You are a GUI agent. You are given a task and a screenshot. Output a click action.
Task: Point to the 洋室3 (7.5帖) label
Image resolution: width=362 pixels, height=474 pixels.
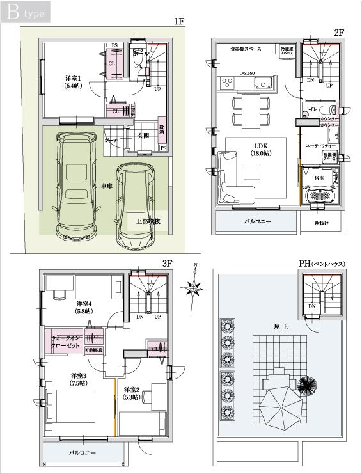pyautogui.click(x=79, y=379)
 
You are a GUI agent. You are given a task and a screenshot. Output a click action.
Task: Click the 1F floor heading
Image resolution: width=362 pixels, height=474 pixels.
pyautogui.click(x=179, y=21)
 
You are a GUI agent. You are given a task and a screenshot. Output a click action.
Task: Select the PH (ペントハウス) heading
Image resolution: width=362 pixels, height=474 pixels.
pyautogui.click(x=321, y=264)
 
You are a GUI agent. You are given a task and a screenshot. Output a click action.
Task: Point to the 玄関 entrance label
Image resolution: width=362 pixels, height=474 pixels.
pyautogui.click(x=143, y=136)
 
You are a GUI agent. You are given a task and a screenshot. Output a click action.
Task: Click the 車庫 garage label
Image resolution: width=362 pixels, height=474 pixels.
pyautogui.click(x=107, y=186)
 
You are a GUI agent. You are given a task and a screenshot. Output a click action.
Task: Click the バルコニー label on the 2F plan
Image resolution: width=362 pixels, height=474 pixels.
pyautogui.click(x=257, y=222)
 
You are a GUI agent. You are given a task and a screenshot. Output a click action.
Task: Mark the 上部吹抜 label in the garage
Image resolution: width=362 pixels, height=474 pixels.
pyautogui.click(x=148, y=221)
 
